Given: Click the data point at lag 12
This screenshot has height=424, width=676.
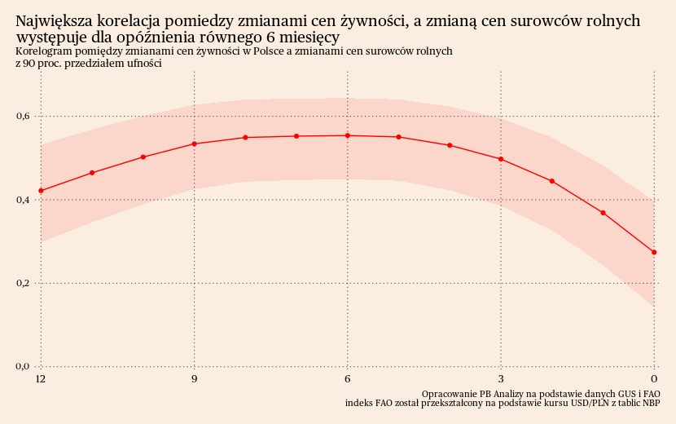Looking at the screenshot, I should pyautogui.click(x=41, y=191).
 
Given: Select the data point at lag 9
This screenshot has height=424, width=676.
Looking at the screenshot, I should pyautogui.click(x=194, y=144).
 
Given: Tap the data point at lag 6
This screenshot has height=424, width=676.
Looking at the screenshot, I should pyautogui.click(x=348, y=135).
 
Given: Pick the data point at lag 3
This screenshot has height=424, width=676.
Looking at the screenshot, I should pyautogui.click(x=501, y=159).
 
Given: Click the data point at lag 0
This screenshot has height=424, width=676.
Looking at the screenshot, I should pyautogui.click(x=654, y=253).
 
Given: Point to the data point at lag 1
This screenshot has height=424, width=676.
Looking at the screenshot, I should pyautogui.click(x=603, y=213).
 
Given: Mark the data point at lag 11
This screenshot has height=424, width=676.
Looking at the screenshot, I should pyautogui.click(x=92, y=173).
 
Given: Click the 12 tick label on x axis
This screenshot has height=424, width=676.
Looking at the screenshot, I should pyautogui.click(x=41, y=379).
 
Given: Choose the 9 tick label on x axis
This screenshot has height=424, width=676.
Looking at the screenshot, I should pyautogui.click(x=194, y=379).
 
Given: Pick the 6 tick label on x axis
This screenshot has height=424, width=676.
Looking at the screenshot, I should pyautogui.click(x=348, y=379).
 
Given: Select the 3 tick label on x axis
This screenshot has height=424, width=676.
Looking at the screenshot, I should pyautogui.click(x=501, y=379).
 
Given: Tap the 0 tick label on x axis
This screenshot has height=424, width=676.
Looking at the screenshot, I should pyautogui.click(x=654, y=379).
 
